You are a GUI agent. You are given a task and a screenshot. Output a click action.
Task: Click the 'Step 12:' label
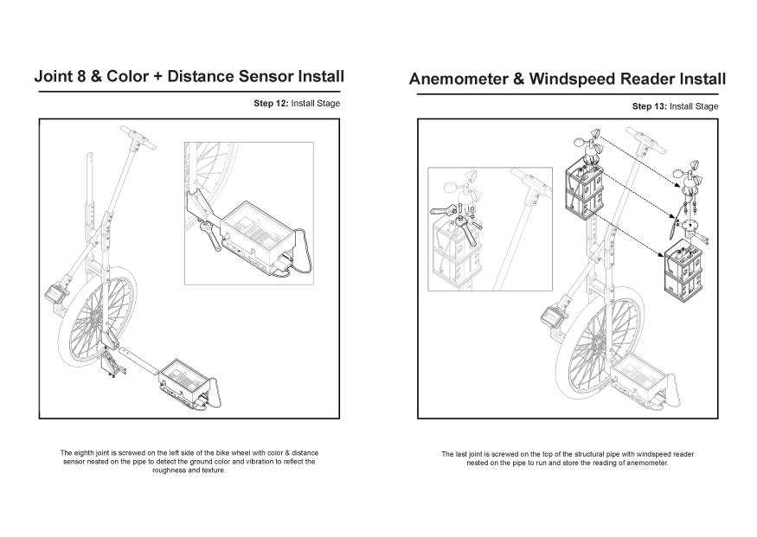point(271,103)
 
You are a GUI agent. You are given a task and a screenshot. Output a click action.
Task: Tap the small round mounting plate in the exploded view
point(690,226)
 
